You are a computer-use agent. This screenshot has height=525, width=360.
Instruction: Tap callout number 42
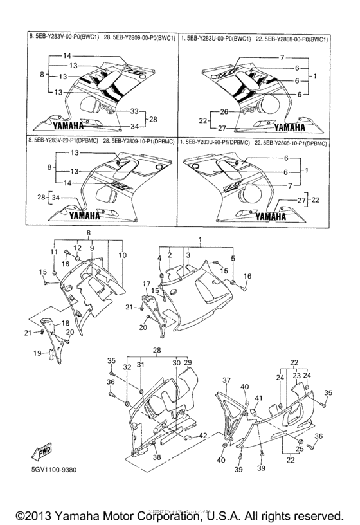click(203, 436)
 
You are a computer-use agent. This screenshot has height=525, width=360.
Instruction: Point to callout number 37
click(226, 381)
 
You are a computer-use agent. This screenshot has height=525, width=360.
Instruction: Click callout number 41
click(260, 399)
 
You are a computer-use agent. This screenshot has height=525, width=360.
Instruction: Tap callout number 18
click(65, 323)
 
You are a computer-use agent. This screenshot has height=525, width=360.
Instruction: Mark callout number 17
click(146, 283)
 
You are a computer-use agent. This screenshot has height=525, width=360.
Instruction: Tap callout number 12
click(78, 248)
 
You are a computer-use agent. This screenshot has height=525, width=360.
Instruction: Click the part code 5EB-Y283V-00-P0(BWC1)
click(69, 39)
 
